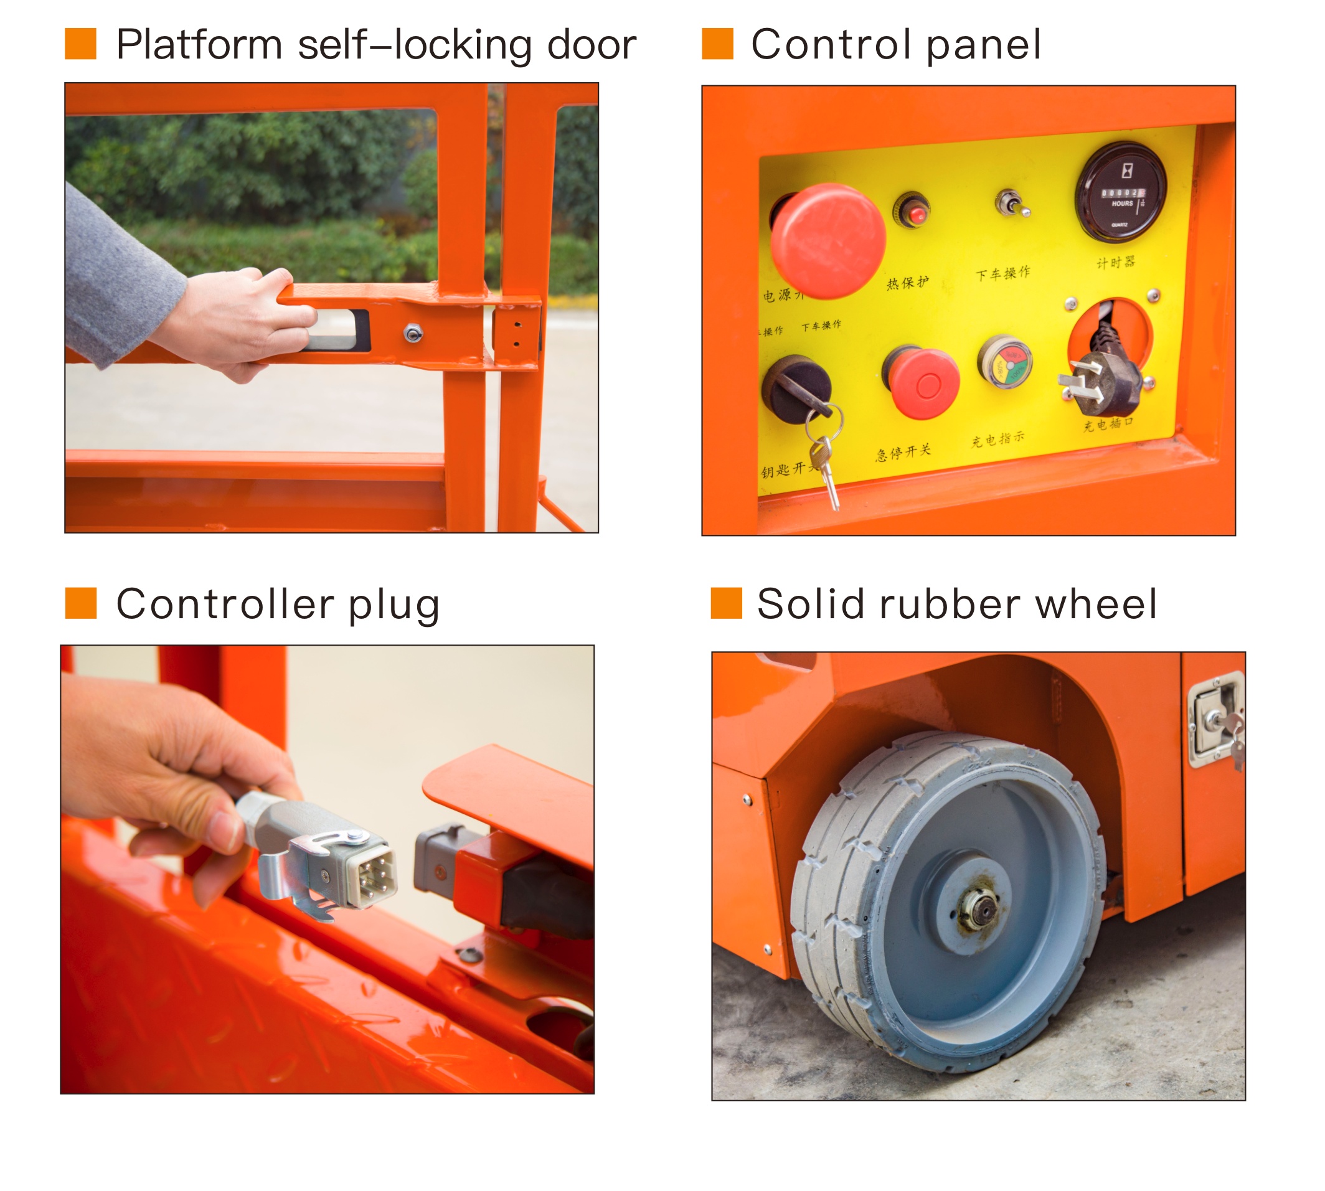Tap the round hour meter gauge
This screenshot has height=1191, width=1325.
click(x=1120, y=192)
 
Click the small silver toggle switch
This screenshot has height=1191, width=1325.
click(x=1011, y=204)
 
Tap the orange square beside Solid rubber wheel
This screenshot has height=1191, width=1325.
click(x=725, y=603)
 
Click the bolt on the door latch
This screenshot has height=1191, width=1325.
click(x=412, y=333)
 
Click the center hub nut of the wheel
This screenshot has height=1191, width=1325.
click(x=979, y=909)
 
